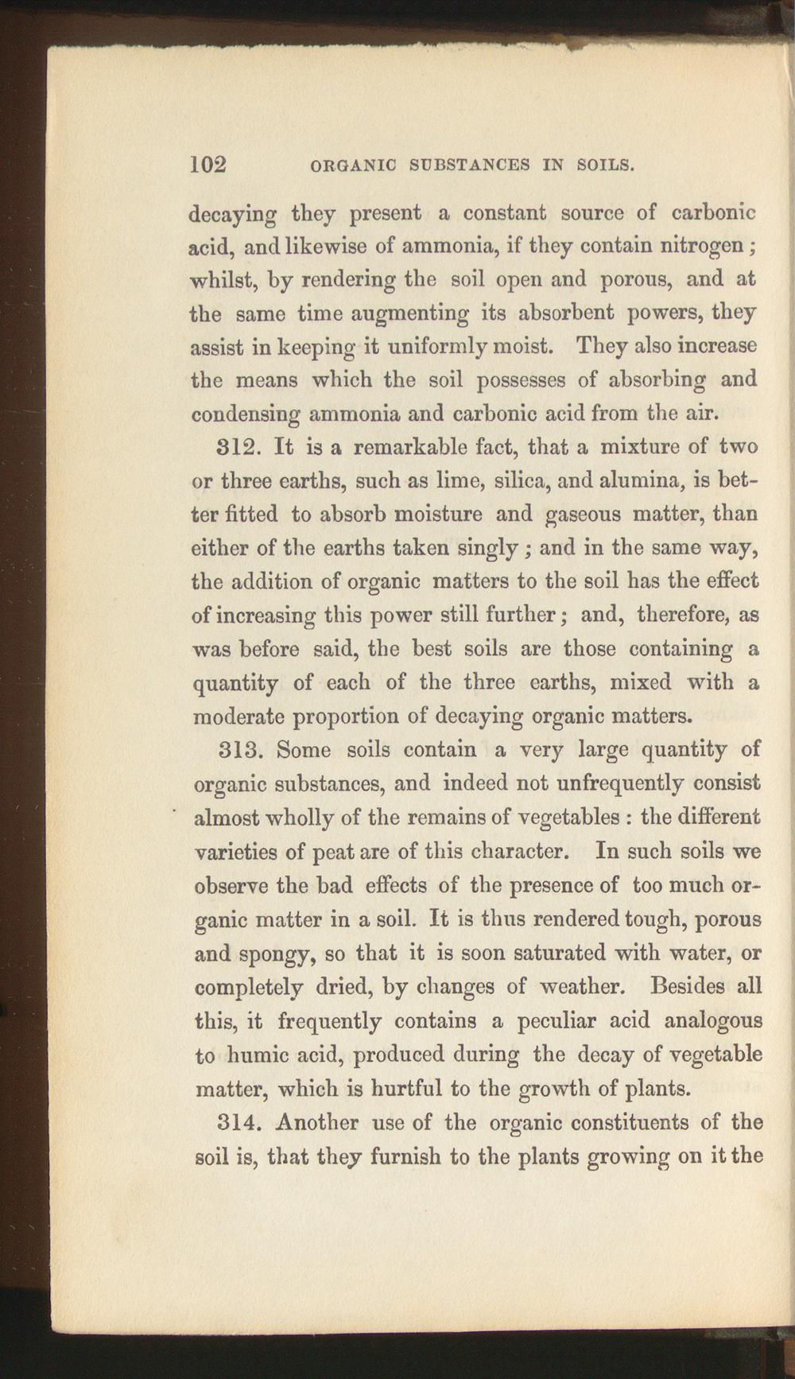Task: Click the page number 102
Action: pos(209,164)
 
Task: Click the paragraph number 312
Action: pos(236,447)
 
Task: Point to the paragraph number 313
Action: pos(237,750)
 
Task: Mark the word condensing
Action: pos(245,415)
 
